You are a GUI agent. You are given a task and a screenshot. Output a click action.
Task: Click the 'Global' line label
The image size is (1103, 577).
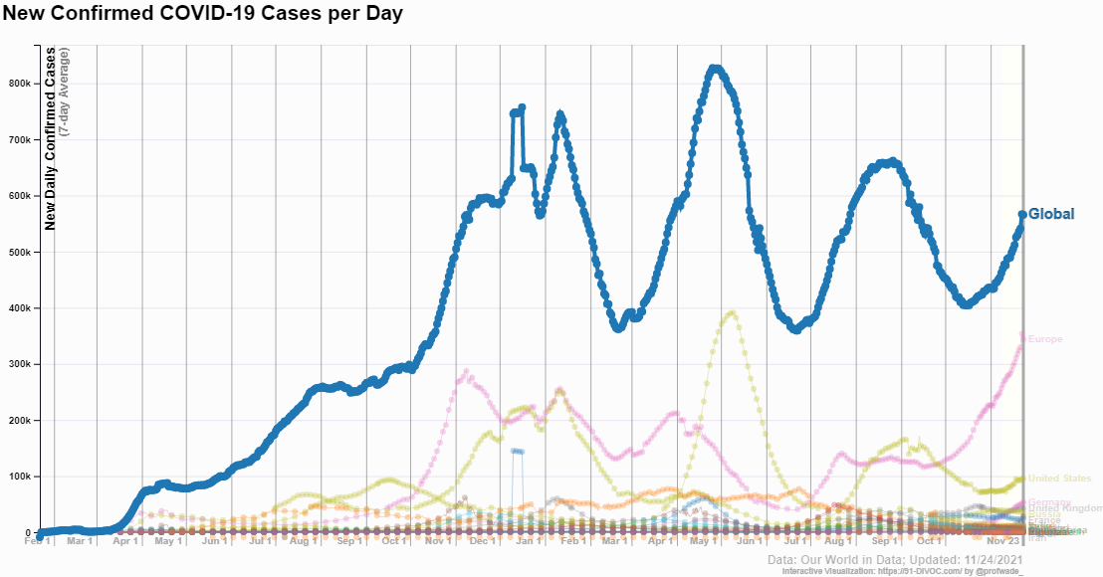click(x=1051, y=214)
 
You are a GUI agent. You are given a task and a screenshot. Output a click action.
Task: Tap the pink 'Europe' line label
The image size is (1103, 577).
click(x=1045, y=339)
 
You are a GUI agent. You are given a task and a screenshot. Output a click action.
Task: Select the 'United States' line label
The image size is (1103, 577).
click(x=1059, y=479)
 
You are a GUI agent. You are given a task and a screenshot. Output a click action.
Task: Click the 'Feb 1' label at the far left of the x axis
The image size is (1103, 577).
click(x=37, y=541)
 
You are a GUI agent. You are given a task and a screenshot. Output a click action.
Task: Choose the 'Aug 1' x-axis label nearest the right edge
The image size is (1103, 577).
click(x=839, y=541)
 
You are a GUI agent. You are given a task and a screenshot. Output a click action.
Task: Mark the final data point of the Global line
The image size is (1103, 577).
click(x=1022, y=215)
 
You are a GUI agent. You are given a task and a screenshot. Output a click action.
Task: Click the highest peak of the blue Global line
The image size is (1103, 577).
click(x=714, y=69)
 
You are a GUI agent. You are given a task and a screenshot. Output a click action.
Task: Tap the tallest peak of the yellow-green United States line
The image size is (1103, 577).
click(x=732, y=313)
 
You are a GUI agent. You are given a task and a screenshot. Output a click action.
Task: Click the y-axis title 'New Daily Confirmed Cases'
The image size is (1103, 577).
click(x=50, y=137)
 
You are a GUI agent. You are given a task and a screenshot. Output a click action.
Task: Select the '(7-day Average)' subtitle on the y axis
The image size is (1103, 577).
click(x=64, y=92)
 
